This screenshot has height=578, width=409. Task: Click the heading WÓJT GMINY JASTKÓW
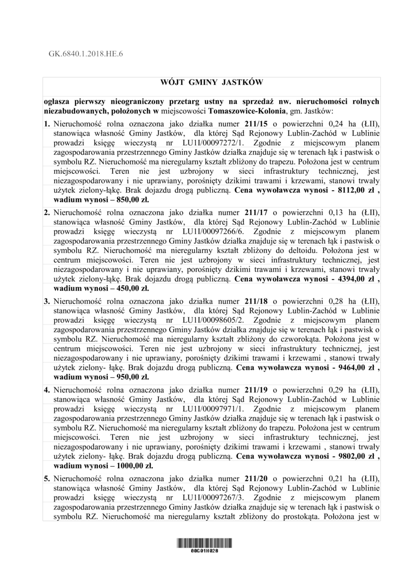click(x=211, y=82)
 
